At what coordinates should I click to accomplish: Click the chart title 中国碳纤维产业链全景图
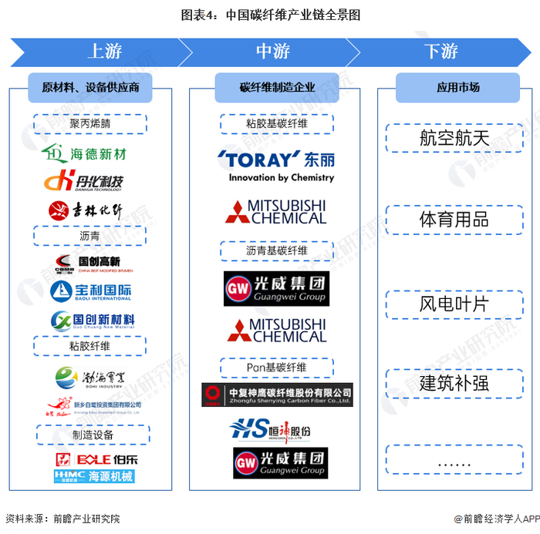tap(270, 15)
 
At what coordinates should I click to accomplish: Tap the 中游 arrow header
tap(272, 52)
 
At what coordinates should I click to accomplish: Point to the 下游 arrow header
tap(440, 52)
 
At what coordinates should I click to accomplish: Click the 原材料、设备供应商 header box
tap(90, 87)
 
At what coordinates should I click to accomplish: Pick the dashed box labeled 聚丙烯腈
tap(90, 124)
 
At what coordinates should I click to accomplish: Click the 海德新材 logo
tap(86, 153)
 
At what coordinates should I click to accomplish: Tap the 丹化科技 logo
tap(85, 182)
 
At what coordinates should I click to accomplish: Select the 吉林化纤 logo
tap(86, 210)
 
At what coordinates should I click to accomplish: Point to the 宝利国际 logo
tap(90, 292)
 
